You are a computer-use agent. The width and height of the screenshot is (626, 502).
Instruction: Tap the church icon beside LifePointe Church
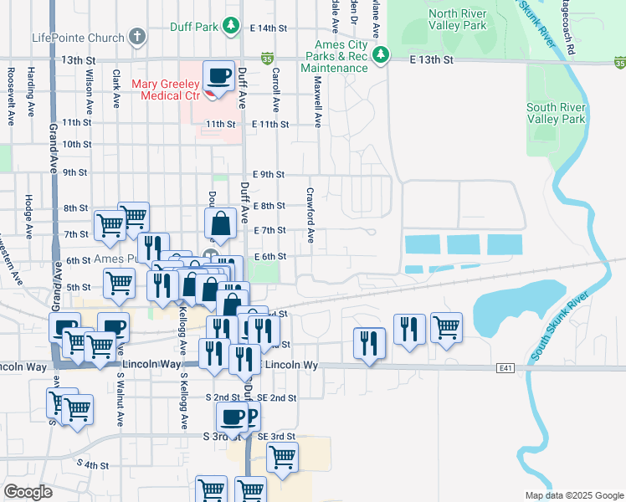pyautogui.click(x=136, y=38)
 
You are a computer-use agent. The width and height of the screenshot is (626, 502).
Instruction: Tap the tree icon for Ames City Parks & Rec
pyautogui.click(x=381, y=55)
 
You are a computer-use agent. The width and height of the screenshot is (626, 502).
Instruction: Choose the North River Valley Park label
pyautogui.click(x=457, y=19)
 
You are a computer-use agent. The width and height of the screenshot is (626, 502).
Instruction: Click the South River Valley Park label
pyautogui.click(x=556, y=113)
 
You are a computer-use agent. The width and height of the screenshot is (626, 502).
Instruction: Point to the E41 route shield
pyautogui.click(x=504, y=367)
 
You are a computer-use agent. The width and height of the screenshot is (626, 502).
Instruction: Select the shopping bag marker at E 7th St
pyautogui.click(x=220, y=224)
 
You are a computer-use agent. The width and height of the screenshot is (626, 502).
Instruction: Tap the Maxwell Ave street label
pyautogui.click(x=318, y=103)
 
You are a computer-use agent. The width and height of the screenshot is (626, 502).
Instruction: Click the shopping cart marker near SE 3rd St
pyautogui.click(x=283, y=458)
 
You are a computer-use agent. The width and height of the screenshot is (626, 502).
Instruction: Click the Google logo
pyautogui.click(x=28, y=492)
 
